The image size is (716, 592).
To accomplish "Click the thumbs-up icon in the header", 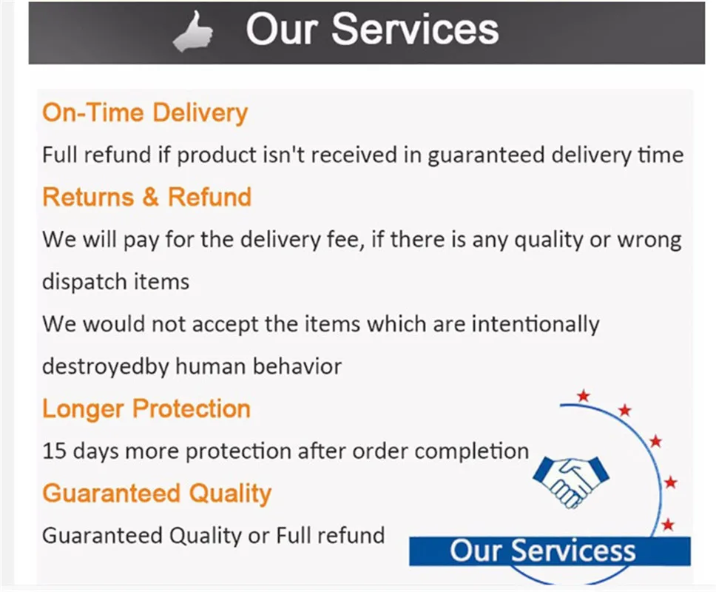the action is coord(193,31).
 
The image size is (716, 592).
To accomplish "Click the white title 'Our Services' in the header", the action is coord(372,30).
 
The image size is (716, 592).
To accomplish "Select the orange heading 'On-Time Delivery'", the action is coord(145,112).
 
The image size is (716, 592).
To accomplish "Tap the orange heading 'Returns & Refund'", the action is coord(146,198).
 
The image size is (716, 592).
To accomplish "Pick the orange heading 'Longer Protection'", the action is coord(146,408).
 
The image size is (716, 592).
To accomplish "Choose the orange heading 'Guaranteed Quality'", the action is coord(157,494).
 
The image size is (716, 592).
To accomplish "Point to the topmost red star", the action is coord(584,396).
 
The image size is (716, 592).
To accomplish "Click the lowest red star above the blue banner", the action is coord(668,525).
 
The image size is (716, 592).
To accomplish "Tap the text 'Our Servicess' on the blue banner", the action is coord(542,551).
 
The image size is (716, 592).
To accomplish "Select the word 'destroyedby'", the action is coord(106,367).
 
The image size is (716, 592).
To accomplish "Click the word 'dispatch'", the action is coord(78,282).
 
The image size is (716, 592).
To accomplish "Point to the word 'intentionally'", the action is coord(536,324).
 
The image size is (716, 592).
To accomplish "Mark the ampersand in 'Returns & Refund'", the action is coord(150,198).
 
